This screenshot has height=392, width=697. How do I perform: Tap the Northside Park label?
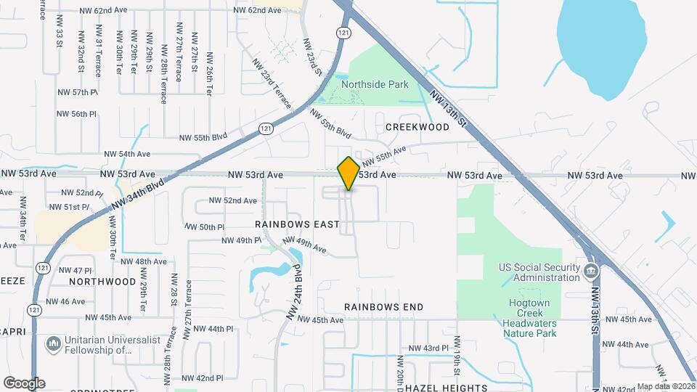(x=375, y=84)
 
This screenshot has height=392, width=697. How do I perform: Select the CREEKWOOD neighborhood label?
(x=417, y=126)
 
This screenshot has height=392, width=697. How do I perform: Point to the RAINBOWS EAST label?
(x=297, y=224)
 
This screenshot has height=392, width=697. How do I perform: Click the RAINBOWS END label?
(x=383, y=307)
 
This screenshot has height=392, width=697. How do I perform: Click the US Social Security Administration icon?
(x=592, y=272)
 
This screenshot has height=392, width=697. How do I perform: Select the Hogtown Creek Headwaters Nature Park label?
(x=530, y=320)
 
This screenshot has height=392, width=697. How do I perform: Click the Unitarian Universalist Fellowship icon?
(x=53, y=343)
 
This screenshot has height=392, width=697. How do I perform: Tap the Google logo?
(x=24, y=383)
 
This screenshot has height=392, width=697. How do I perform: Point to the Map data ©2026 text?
(x=664, y=386)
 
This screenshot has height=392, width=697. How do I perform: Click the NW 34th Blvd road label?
(x=138, y=194)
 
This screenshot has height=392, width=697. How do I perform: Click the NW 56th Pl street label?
(x=78, y=114)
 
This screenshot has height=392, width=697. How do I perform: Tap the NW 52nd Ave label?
(x=232, y=200)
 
